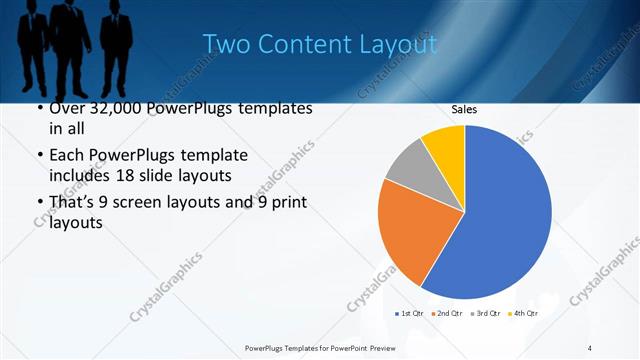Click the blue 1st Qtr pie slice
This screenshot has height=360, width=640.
(500, 220)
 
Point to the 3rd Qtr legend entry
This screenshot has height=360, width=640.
(485, 314)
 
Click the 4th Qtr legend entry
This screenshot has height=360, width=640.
(524, 314)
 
